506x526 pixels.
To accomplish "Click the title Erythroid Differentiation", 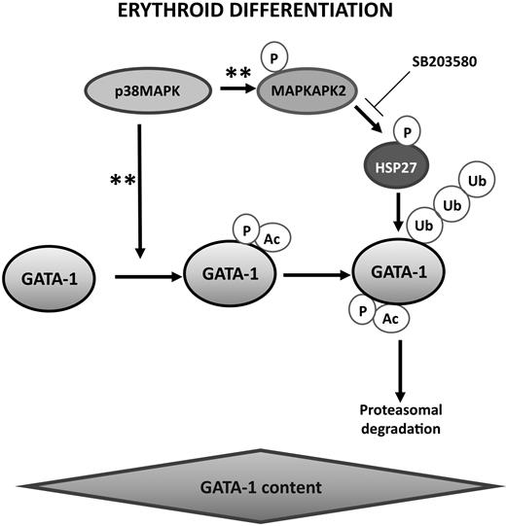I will [x=252, y=13].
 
